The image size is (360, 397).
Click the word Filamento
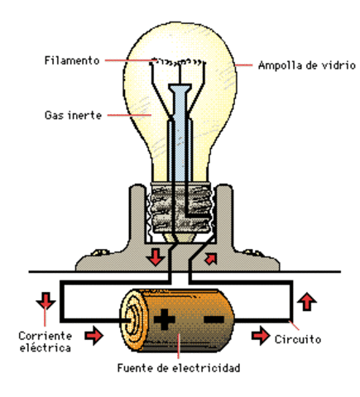(x=72, y=61)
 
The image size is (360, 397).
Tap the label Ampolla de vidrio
(x=295, y=66)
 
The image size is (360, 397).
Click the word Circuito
(x=299, y=338)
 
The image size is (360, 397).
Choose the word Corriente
(x=45, y=336)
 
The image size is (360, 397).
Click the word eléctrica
(x=45, y=348)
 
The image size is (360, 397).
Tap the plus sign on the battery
(x=166, y=318)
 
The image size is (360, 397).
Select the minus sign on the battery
(x=213, y=318)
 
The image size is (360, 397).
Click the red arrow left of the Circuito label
(x=262, y=337)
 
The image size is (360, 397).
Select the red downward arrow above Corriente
(x=44, y=301)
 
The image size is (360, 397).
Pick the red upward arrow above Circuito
(x=308, y=300)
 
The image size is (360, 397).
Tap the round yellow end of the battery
(x=130, y=318)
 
